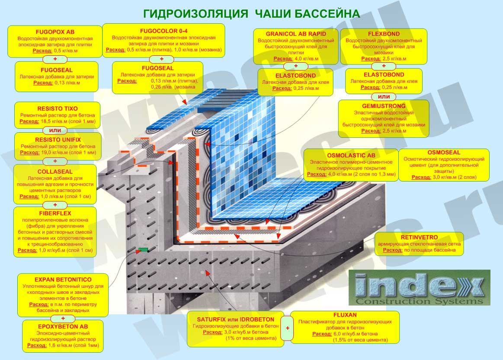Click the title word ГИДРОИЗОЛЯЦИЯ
click(195, 14)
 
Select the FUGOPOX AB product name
click(55, 32)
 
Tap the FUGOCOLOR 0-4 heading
click(163, 31)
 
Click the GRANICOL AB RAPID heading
click(296, 34)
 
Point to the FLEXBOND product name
click(384, 34)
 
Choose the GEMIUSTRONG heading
click(384, 106)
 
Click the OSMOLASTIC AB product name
click(351, 156)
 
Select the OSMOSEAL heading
click(444, 153)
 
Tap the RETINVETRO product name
click(419, 238)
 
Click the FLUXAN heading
click(345, 315)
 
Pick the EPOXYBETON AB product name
click(63, 327)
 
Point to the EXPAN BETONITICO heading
click(63, 280)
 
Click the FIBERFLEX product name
click(55, 213)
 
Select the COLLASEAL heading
click(55, 172)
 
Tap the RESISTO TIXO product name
click(58, 108)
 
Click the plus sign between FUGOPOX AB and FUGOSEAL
click(55, 59)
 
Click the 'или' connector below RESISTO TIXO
click(55, 130)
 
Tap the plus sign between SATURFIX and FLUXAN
click(288, 328)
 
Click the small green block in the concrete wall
click(143, 249)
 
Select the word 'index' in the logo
click(419, 285)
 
